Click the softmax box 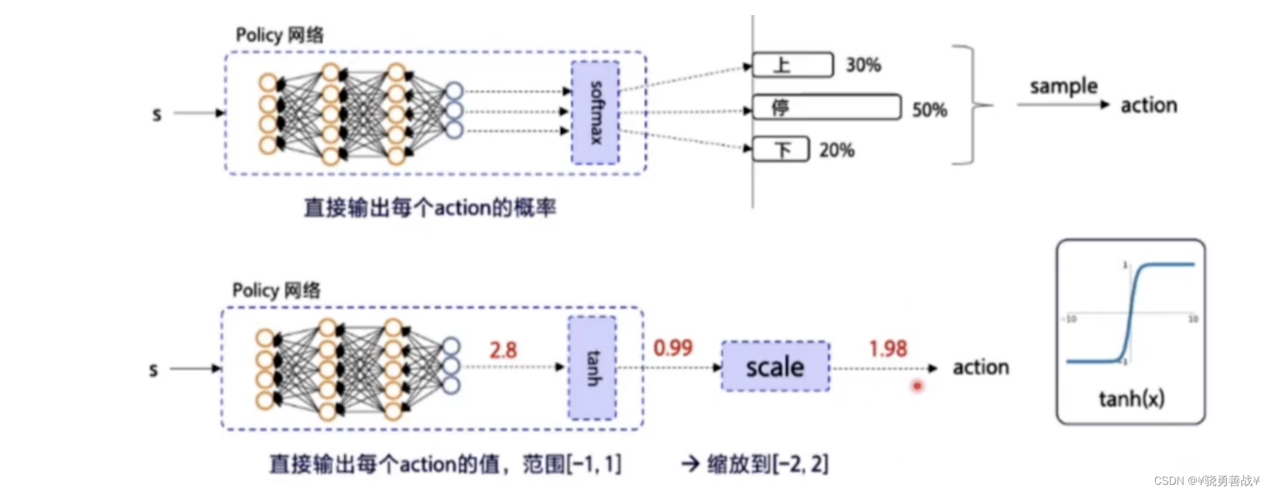(595, 112)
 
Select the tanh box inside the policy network (592, 367)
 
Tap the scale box (775, 367)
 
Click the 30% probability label (863, 64)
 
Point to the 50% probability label (929, 109)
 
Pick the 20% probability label (837, 150)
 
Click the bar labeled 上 (793, 64)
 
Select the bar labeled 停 (826, 108)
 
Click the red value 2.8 (503, 349)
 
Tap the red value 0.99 (673, 348)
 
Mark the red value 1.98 (888, 348)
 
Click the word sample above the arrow (1063, 87)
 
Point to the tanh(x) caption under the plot (1131, 398)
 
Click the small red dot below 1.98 (917, 386)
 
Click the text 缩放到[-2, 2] (767, 464)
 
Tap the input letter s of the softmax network (157, 114)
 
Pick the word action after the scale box (980, 367)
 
